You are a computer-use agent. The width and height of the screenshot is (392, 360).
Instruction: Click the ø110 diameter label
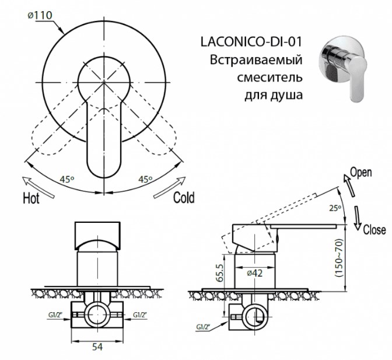(x=40, y=16)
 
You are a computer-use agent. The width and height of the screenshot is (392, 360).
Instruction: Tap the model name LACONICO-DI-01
(x=251, y=42)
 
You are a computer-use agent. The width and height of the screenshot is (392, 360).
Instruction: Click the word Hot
(x=32, y=198)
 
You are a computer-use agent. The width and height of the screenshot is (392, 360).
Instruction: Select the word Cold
(x=184, y=197)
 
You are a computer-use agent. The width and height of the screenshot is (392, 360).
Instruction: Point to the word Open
(x=360, y=173)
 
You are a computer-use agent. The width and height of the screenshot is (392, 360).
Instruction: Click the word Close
(x=374, y=229)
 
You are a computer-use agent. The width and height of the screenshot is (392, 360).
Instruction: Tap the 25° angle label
(x=335, y=208)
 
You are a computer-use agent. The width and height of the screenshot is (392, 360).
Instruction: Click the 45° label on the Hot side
(x=67, y=179)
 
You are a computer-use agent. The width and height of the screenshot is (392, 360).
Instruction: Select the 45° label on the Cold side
(x=145, y=179)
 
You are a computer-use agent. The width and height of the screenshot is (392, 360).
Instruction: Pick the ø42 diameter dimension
(x=255, y=273)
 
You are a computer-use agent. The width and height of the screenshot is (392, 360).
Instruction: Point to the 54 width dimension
(x=97, y=347)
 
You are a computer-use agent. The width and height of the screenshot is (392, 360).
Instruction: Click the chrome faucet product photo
(x=344, y=68)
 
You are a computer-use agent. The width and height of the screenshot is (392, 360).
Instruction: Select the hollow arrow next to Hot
(x=38, y=187)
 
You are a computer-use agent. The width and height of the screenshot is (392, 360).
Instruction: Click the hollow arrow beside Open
(x=349, y=185)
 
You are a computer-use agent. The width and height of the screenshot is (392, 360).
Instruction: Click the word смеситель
(x=269, y=78)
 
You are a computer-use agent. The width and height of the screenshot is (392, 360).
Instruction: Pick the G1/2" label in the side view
(x=203, y=327)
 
